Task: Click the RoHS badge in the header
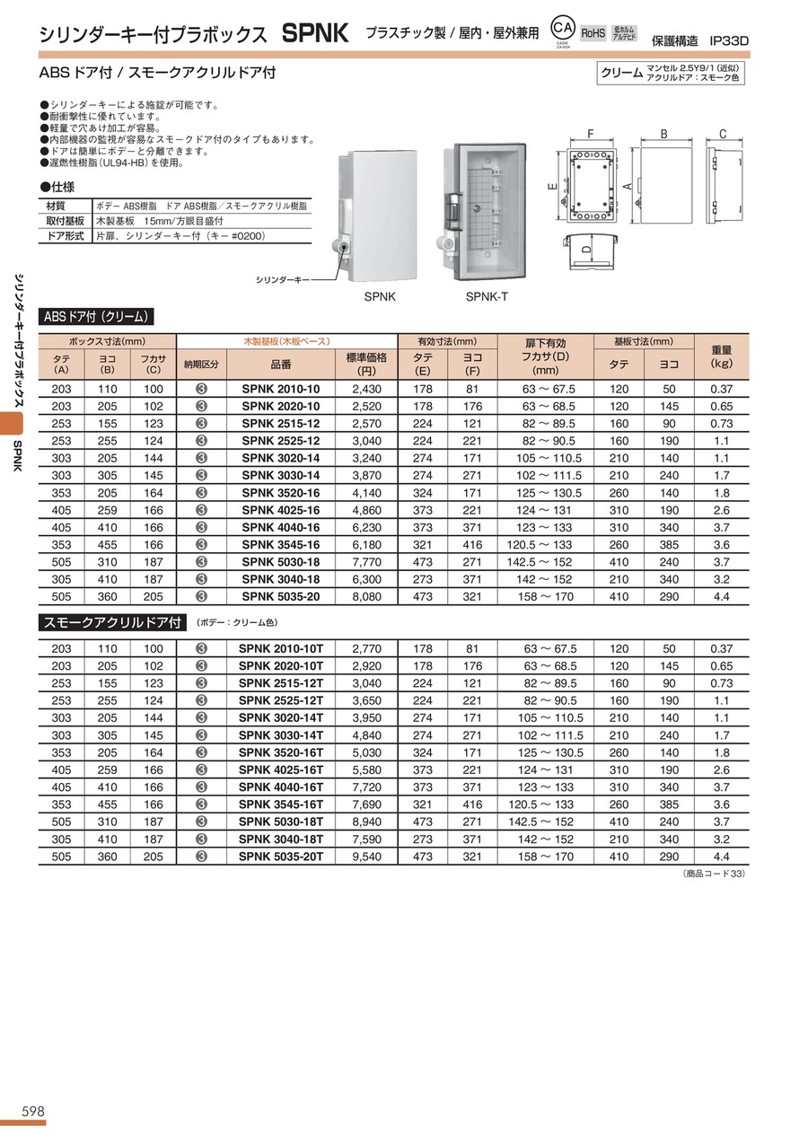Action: click(x=593, y=33)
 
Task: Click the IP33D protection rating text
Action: click(x=728, y=40)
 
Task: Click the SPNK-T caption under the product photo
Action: click(x=487, y=296)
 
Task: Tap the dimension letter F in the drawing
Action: click(x=590, y=135)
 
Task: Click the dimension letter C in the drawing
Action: click(x=721, y=135)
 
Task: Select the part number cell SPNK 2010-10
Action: click(x=280, y=389)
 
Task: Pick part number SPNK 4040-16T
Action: click(x=280, y=787)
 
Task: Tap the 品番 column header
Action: click(x=280, y=365)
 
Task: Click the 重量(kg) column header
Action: click(x=722, y=357)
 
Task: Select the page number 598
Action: click(x=22, y=1111)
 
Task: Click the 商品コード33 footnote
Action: click(x=715, y=874)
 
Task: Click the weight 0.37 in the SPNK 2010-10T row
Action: click(x=722, y=648)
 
